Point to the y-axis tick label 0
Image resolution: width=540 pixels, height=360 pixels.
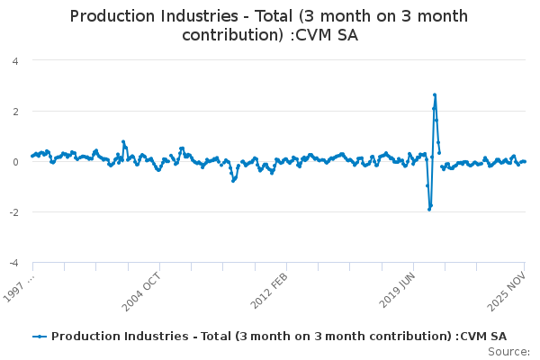(15, 162)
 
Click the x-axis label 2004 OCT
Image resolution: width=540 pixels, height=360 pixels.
(141, 288)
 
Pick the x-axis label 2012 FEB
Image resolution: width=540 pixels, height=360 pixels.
(268, 288)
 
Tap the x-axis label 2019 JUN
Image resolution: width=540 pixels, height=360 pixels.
(395, 288)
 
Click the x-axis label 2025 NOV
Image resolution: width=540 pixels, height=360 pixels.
(507, 288)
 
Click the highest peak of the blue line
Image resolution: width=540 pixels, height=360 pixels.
(435, 94)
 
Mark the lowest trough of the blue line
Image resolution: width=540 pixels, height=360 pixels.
(429, 209)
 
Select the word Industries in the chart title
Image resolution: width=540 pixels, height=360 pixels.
(210, 17)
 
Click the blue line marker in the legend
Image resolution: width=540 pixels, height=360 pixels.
(39, 336)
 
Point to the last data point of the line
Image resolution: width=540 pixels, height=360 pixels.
(525, 161)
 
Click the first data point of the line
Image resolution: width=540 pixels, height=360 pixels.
(32, 156)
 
